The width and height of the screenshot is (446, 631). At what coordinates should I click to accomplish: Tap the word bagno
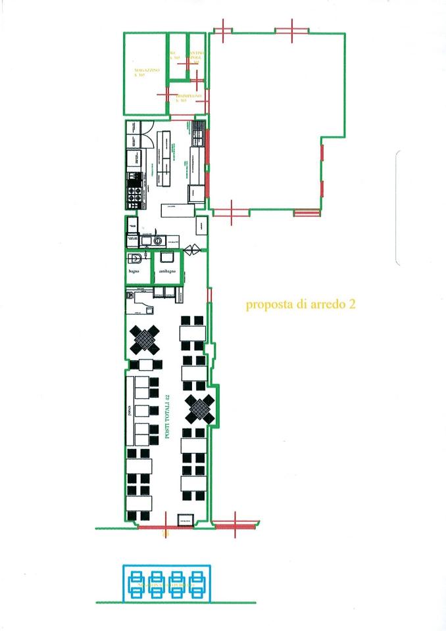[136, 271]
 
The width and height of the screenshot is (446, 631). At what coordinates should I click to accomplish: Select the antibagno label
[167, 271]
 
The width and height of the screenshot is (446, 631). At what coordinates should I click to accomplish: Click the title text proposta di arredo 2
[301, 304]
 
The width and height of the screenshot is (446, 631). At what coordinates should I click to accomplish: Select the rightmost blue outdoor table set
[196, 583]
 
